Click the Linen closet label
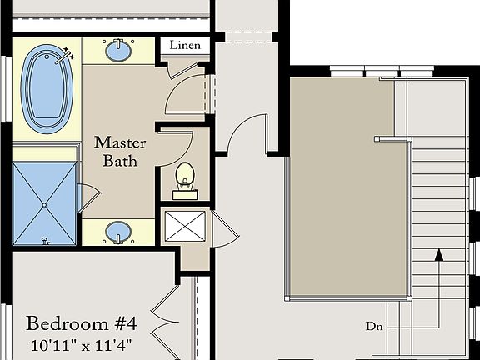click(185, 46)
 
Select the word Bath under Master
click(120, 161)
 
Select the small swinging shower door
click(87, 198)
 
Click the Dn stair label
click(374, 327)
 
